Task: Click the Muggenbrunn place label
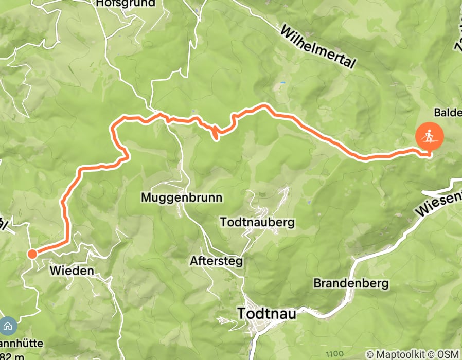174,197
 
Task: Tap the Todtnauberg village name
257,222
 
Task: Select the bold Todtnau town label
266,313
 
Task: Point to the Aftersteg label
216,261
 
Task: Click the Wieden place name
72,271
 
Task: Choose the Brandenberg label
351,283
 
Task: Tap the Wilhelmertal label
318,47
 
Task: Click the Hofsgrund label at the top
126,4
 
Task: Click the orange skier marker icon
429,137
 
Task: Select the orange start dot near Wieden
32,254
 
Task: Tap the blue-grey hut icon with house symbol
7,326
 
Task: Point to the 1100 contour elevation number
335,354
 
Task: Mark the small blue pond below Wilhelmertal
281,82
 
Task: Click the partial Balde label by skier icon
447,112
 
